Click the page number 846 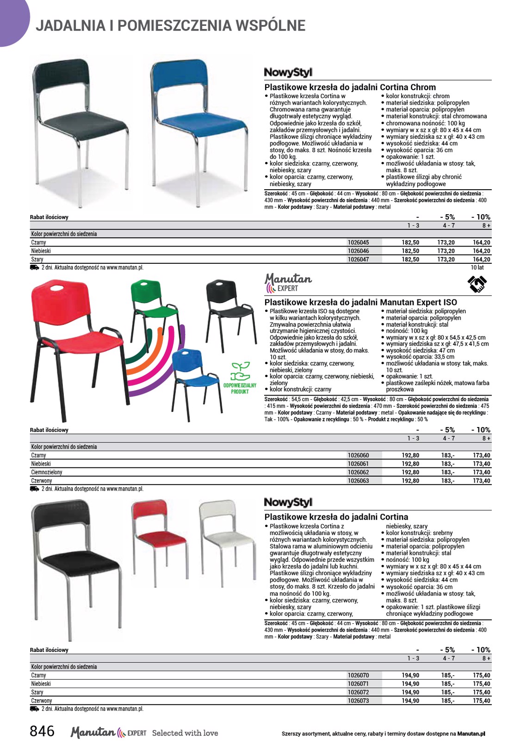click(x=42, y=731)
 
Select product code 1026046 click(x=358, y=251)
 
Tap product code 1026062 click(x=358, y=472)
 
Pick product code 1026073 click(x=358, y=701)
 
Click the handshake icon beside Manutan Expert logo click(x=477, y=284)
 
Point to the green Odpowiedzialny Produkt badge click(x=240, y=378)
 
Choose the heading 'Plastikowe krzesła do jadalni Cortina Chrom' click(x=350, y=87)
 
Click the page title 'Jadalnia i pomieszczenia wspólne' click(x=170, y=25)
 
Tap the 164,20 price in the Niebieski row click(x=481, y=251)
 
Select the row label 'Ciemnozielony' click(x=47, y=472)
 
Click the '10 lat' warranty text click(x=477, y=267)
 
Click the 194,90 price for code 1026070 click(x=410, y=675)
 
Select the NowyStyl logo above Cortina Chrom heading click(x=288, y=72)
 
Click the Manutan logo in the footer click(x=93, y=732)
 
